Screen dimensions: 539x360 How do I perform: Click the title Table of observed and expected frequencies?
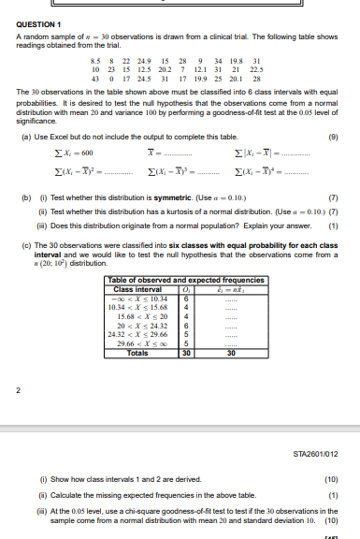[x=180, y=255]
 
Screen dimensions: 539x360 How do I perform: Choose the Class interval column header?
[x=137, y=262]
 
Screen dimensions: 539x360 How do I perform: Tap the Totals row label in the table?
[x=137, y=323]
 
